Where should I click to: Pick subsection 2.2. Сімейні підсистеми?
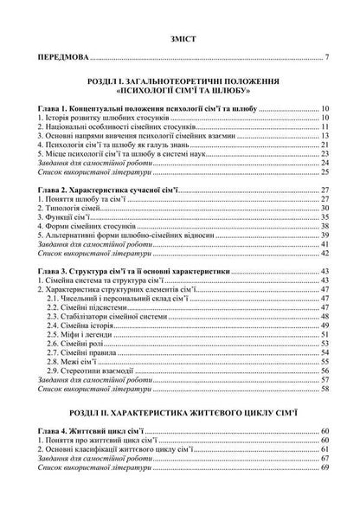(x=99, y=307)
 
